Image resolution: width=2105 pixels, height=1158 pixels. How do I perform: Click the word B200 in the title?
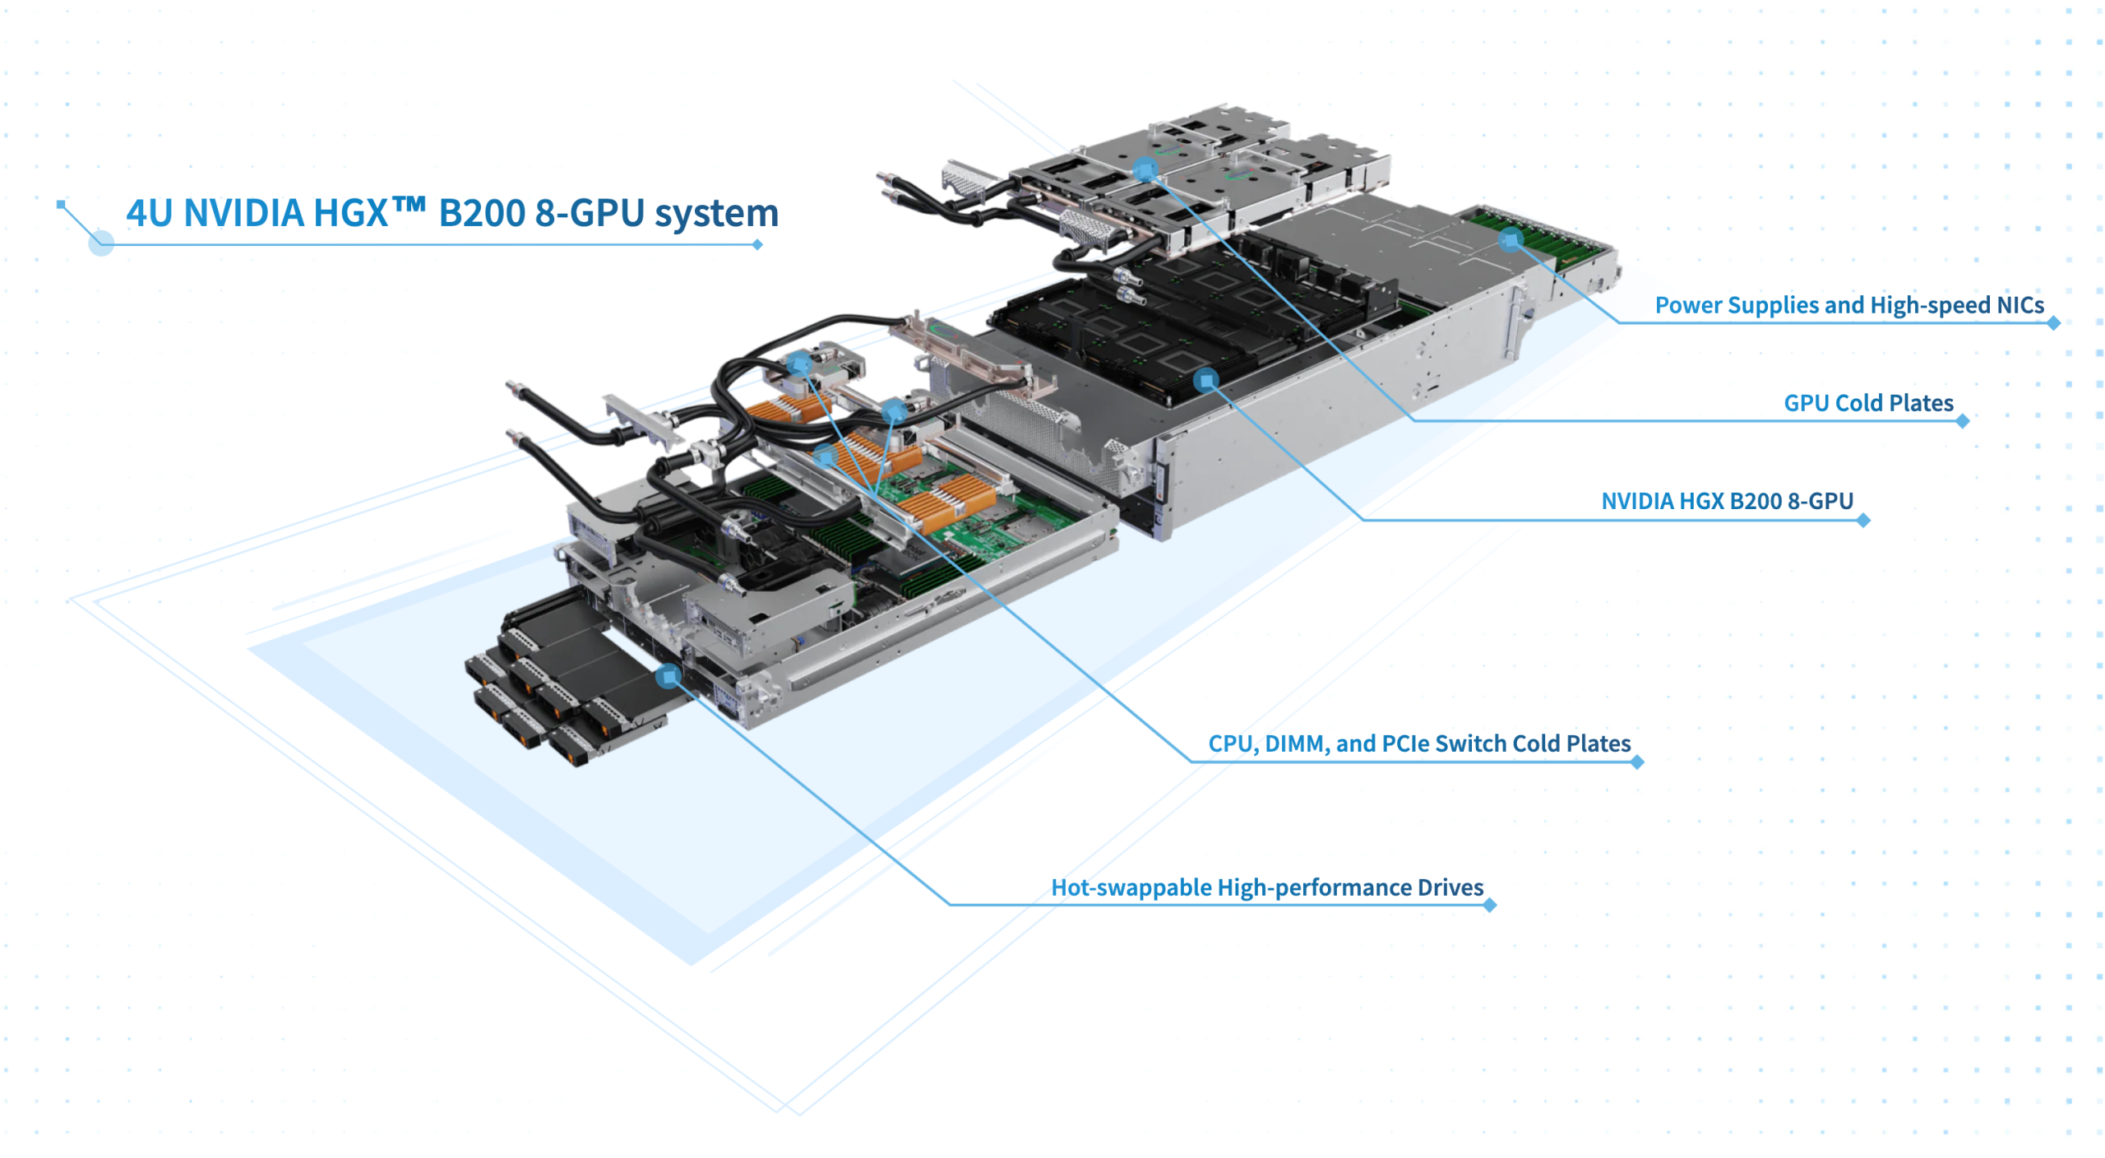(481, 213)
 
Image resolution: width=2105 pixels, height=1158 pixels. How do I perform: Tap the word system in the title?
(715, 213)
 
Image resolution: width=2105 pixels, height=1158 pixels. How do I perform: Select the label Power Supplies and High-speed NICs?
(1848, 305)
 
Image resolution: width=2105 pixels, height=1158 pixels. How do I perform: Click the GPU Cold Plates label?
(1867, 403)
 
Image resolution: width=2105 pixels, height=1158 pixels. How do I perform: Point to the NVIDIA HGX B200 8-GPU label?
(1726, 501)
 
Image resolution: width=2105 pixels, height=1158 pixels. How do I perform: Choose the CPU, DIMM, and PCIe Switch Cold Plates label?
(1418, 743)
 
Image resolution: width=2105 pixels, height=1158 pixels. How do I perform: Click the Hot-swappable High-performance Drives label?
(1266, 887)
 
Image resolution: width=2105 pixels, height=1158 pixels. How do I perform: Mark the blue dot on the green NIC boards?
(1510, 240)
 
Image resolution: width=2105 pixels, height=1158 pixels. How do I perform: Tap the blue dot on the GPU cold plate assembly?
(1145, 170)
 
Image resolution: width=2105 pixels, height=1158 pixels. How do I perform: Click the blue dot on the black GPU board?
(1205, 380)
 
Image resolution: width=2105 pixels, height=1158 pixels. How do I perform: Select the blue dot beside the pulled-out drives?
(668, 676)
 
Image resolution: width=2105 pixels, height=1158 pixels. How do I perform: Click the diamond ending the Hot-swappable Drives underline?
(1489, 906)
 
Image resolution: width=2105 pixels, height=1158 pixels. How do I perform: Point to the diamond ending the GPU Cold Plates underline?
(1963, 421)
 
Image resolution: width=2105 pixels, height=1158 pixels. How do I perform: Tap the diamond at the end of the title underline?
(757, 244)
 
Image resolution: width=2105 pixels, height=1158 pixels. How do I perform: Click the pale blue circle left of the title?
(100, 243)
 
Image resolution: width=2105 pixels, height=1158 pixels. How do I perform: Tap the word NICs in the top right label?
(2019, 305)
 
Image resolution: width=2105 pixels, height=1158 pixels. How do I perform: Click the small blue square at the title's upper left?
(61, 203)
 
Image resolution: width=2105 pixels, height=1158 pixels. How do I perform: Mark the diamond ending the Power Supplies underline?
(2053, 323)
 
